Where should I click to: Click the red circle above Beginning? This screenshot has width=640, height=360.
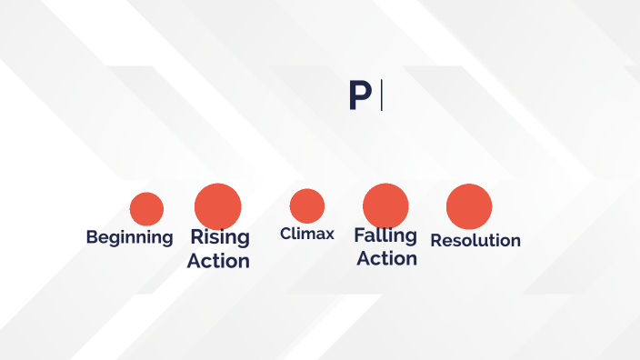146,209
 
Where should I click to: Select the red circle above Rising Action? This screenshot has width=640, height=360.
217,205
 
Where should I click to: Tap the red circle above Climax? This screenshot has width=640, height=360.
307,205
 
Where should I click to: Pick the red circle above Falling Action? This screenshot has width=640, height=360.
385,205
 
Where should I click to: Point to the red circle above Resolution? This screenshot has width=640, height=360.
469,205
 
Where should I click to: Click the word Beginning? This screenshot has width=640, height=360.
129,238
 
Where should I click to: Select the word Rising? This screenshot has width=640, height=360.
219,238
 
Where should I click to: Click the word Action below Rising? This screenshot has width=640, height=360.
218,261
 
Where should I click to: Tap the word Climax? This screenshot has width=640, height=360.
307,235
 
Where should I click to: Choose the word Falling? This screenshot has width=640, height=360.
385,235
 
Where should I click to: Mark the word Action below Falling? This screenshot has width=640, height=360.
386,258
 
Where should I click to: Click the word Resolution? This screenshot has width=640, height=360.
475,241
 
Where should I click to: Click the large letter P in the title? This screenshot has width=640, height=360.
360,95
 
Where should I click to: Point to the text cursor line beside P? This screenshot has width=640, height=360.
381,95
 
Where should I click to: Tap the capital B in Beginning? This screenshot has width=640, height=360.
92,237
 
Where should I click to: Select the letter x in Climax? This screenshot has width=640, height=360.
329,235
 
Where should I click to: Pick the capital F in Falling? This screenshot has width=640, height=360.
359,235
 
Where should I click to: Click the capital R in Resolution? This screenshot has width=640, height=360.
436,241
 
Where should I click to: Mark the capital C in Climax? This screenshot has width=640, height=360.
285,235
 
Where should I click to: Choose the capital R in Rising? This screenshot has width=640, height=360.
195,238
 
